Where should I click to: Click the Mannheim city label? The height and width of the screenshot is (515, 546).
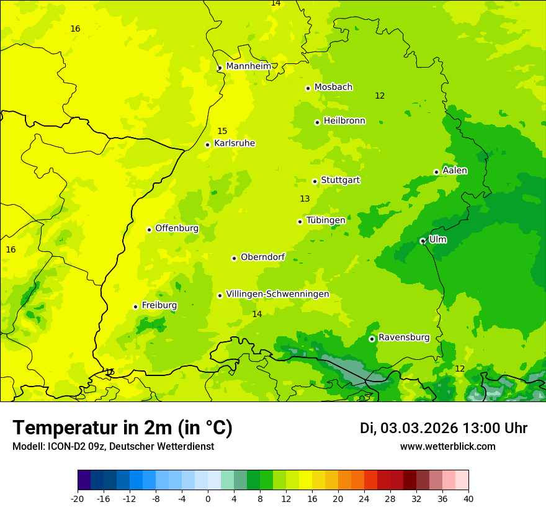click(x=248, y=66)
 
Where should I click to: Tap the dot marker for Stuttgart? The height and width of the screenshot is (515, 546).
click(x=315, y=181)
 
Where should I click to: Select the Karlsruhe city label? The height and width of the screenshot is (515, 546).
click(x=234, y=143)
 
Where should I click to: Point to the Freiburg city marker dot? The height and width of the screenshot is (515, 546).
click(x=135, y=307)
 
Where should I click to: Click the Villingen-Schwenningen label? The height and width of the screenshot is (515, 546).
click(x=277, y=294)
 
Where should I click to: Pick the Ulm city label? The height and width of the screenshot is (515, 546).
click(x=437, y=240)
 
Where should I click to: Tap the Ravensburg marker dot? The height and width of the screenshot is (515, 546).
click(x=372, y=339)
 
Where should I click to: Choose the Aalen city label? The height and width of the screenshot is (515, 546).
click(x=455, y=171)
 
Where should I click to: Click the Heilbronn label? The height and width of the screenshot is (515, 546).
click(x=344, y=121)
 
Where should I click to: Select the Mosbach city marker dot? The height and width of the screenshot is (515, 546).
click(x=308, y=88)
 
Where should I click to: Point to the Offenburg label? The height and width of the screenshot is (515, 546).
click(x=177, y=228)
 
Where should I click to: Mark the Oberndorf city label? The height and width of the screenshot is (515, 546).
click(x=262, y=257)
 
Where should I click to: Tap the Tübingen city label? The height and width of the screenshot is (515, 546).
click(x=326, y=220)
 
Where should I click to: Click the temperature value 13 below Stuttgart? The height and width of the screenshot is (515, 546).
click(x=305, y=199)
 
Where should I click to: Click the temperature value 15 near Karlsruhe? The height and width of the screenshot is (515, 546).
click(x=222, y=132)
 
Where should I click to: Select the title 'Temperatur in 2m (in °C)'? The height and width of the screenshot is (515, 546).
click(x=122, y=428)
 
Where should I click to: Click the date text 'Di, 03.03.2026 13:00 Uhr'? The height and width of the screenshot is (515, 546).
click(x=444, y=428)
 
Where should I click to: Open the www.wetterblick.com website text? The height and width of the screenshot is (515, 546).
click(x=447, y=447)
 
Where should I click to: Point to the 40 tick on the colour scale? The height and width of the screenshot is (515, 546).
click(x=468, y=498)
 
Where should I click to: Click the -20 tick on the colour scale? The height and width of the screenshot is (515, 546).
click(x=78, y=498)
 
